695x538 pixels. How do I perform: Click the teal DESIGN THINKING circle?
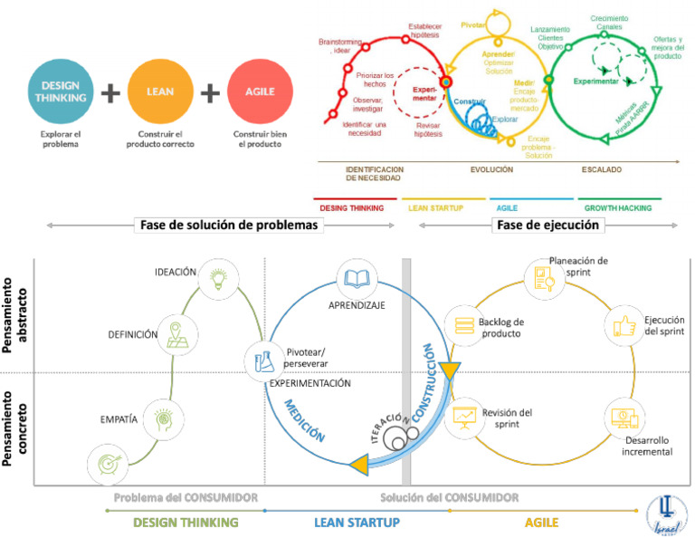[62, 92]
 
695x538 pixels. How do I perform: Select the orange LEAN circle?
[159, 92]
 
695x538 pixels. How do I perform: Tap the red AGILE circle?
[260, 92]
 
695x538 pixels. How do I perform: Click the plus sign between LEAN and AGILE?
[210, 93]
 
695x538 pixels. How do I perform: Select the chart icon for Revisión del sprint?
[466, 418]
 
